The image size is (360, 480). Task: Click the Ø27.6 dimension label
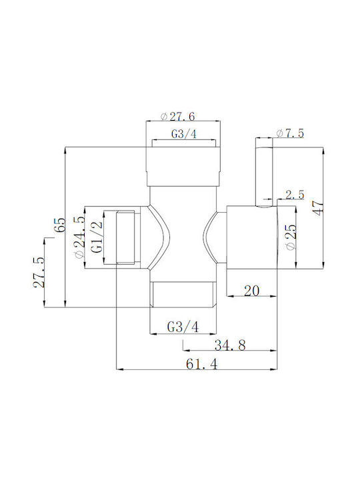tap(178, 116)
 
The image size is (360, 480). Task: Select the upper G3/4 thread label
tap(184, 134)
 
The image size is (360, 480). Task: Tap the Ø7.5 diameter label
tap(290, 133)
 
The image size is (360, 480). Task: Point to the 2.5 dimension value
tap(295, 195)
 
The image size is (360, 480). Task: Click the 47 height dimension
tap(319, 208)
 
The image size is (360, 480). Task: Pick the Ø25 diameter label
tap(291, 237)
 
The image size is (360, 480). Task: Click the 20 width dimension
tap(251, 291)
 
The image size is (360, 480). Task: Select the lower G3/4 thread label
tap(183, 327)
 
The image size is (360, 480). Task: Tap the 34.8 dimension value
tap(230, 345)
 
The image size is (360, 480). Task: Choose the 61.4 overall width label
tap(202, 364)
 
